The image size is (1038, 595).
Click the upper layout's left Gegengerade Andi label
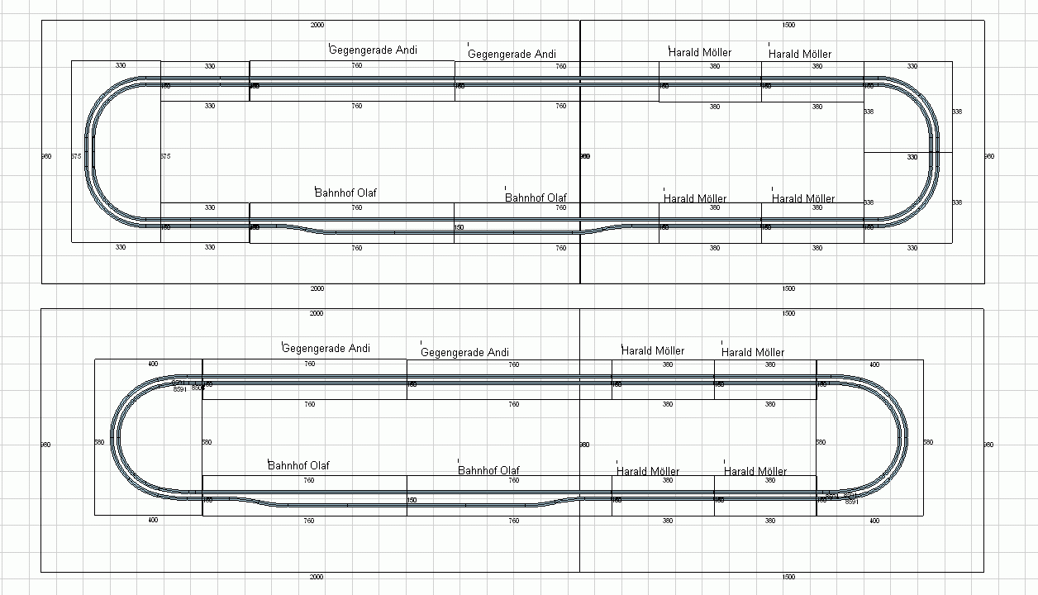tap(373, 50)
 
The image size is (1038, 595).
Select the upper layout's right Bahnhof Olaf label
tap(536, 198)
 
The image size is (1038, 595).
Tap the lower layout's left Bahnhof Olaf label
tap(298, 466)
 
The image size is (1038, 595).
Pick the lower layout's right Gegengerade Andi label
tap(464, 353)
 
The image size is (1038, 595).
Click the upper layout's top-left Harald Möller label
tap(700, 53)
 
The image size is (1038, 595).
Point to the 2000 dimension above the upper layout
tap(317, 26)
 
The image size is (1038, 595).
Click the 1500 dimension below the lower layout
tap(788, 577)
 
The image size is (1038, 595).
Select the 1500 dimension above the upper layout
tap(788, 26)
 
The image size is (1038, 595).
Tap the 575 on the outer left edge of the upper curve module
tap(76, 156)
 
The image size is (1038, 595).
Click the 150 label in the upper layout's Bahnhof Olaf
tap(459, 227)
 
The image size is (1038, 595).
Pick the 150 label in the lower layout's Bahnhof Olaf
tap(412, 500)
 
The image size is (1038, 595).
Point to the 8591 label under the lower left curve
tap(180, 389)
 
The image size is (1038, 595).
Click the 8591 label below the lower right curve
tap(852, 502)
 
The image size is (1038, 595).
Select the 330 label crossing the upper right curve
tap(912, 156)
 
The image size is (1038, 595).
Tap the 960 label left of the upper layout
tap(46, 156)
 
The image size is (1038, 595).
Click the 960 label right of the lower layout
tap(989, 445)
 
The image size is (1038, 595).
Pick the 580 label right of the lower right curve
tap(928, 442)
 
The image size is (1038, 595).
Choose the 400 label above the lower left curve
tap(153, 364)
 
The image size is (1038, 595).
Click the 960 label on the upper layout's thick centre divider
tap(585, 156)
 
